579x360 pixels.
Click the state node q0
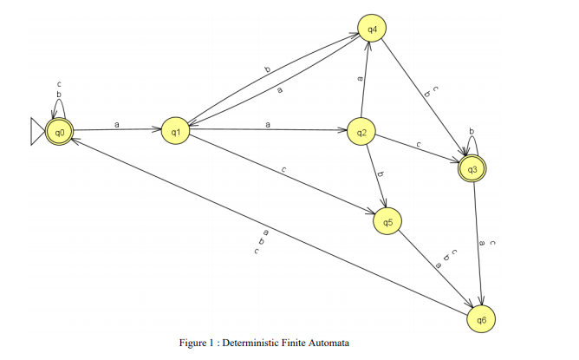point(60,132)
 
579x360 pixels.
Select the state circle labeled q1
point(175,132)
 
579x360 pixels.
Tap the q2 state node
point(361,133)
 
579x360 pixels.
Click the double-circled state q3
point(472,168)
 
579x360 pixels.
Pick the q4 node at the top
point(372,29)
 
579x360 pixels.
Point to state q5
point(387,223)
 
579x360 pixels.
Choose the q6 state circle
point(481,319)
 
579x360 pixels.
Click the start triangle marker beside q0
point(37,132)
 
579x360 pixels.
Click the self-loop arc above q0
point(59,107)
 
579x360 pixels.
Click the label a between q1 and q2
point(268,125)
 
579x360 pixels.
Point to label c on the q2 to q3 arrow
point(418,143)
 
